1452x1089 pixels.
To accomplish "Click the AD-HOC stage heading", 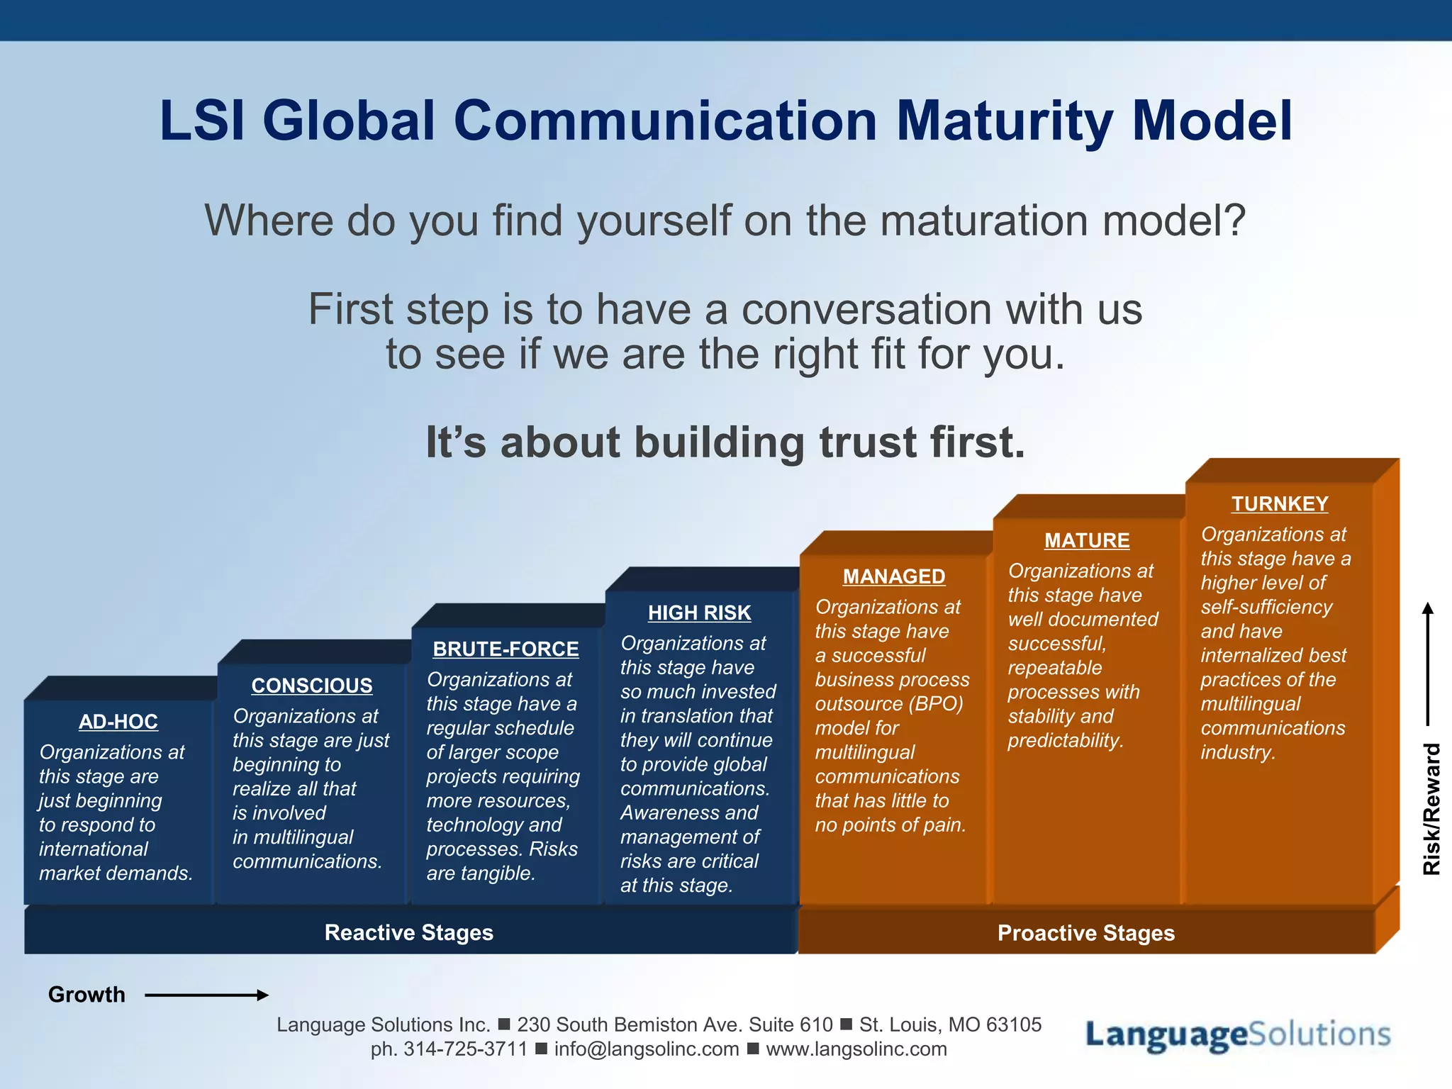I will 118,722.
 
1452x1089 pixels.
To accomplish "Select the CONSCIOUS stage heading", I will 311,686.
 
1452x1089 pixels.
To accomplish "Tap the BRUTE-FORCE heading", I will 506,649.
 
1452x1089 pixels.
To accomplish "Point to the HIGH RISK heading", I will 699,613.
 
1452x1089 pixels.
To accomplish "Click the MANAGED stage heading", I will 893,576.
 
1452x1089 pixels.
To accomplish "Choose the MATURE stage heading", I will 1087,540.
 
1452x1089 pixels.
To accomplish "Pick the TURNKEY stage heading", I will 1280,503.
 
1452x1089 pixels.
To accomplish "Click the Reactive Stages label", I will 408,932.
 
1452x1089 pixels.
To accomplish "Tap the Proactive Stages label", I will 1085,933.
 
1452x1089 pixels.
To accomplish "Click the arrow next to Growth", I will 206,995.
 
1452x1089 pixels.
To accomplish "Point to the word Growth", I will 86,995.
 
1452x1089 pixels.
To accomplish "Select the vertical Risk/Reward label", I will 1431,808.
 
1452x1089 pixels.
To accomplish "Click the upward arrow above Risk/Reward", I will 1428,663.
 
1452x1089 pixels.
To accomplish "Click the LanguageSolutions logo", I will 1237,1035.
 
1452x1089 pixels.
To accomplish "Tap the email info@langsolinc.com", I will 646,1049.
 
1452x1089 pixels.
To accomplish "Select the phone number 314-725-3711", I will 465,1049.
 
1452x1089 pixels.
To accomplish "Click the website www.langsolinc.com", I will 856,1049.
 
